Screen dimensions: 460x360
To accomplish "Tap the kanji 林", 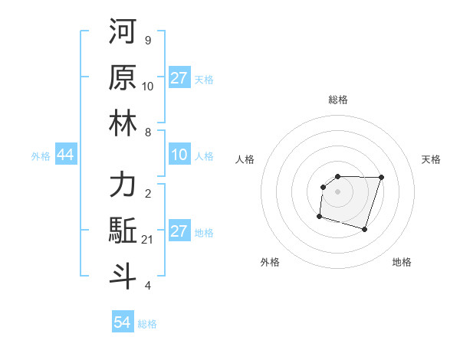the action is click(123, 124).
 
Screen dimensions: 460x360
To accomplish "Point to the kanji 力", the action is click(123, 185).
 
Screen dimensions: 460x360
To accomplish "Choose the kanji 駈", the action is click(123, 231).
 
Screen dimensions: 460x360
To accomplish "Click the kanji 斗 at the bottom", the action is click(123, 277).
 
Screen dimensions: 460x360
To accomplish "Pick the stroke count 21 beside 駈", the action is click(148, 240).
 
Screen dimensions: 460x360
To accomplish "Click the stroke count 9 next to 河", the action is click(148, 40).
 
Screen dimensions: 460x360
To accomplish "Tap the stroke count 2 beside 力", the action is click(148, 194).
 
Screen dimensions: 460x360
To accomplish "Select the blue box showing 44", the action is click(65, 155).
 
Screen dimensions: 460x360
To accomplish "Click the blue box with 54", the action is click(123, 322).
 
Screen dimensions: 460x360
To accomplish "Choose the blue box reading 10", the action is click(179, 155).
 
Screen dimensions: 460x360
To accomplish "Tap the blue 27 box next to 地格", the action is click(179, 231).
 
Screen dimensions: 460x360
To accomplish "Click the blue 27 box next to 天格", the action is click(179, 78).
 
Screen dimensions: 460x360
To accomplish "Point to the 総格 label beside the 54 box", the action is click(147, 324).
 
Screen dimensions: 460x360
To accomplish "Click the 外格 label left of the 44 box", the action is click(41, 156).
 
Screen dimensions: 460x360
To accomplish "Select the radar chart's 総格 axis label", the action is click(337, 100).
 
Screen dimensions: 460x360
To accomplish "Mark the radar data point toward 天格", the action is click(381, 177).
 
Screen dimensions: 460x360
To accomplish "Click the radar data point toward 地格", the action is click(364, 229).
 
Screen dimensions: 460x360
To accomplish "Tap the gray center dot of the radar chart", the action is click(337, 191).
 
